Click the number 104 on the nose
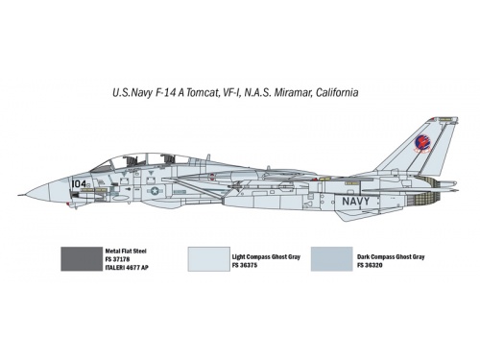(x=79, y=183)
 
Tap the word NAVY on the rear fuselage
(x=356, y=202)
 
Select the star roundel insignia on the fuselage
(x=155, y=191)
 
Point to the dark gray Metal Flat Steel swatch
(x=82, y=259)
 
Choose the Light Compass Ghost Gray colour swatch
(x=208, y=259)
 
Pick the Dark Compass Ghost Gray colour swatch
(x=331, y=259)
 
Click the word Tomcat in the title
(x=202, y=93)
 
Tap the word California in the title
(x=337, y=93)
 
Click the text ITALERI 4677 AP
(x=127, y=268)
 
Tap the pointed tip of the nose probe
(x=18, y=195)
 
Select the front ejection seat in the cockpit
(x=131, y=161)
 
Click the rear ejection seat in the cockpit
(x=167, y=159)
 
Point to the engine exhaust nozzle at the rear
(x=426, y=192)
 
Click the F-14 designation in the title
(x=165, y=93)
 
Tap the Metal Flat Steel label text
(x=126, y=252)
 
